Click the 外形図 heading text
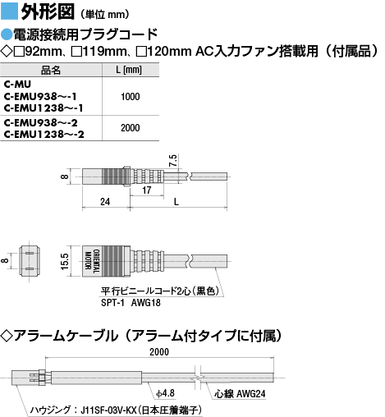48,11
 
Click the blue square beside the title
9,11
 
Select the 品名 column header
51,70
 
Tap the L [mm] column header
129,70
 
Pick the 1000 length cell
131,97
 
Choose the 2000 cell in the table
131,128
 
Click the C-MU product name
17,84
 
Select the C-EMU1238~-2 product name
44,135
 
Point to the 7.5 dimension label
173,161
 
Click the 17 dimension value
147,190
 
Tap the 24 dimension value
105,202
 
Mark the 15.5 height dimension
65,262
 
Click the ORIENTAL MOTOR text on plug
92,261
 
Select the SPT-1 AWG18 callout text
131,303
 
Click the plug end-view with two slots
30,261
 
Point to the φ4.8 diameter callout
165,393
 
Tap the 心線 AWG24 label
240,394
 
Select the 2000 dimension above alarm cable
159,352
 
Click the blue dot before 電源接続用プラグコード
7,34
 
